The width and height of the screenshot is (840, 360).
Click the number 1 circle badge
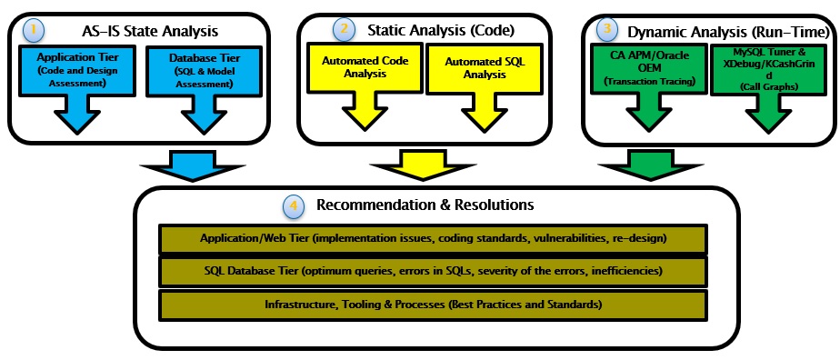[35, 29]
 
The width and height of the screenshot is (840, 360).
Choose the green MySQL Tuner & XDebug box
[763, 68]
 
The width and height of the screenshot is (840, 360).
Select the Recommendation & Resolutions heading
[425, 205]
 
